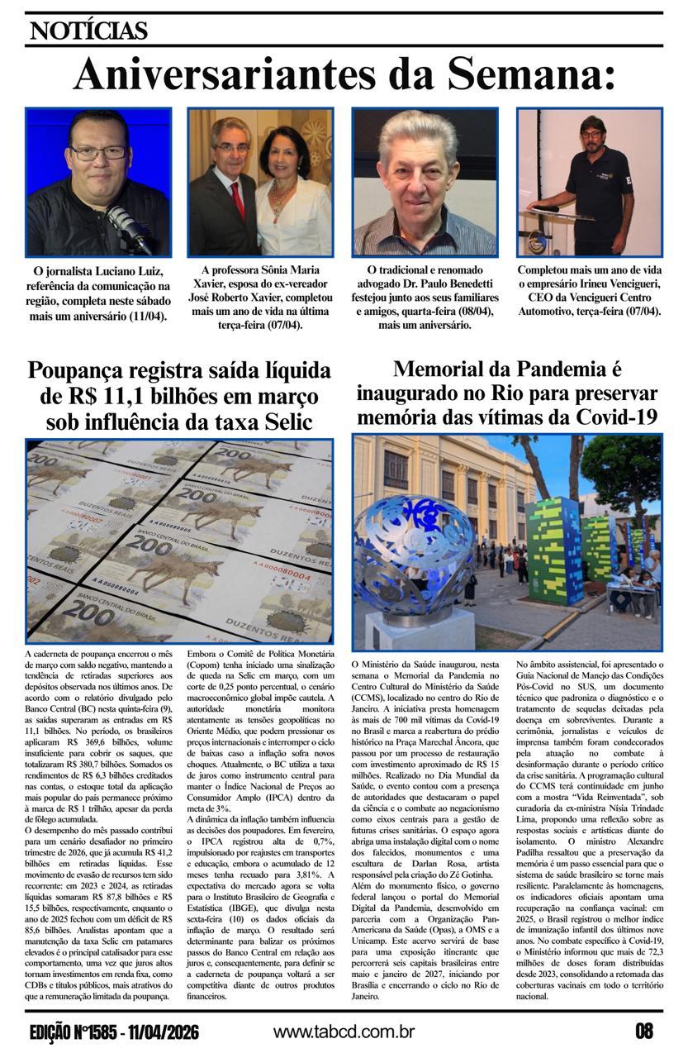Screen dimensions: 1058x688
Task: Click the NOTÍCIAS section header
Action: [x=88, y=31]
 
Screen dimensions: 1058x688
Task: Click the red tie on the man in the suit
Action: [x=238, y=199]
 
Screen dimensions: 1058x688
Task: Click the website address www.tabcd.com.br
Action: [x=344, y=1032]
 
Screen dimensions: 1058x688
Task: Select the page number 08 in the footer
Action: [x=644, y=1032]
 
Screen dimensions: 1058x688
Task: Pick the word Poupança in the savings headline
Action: [x=87, y=370]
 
